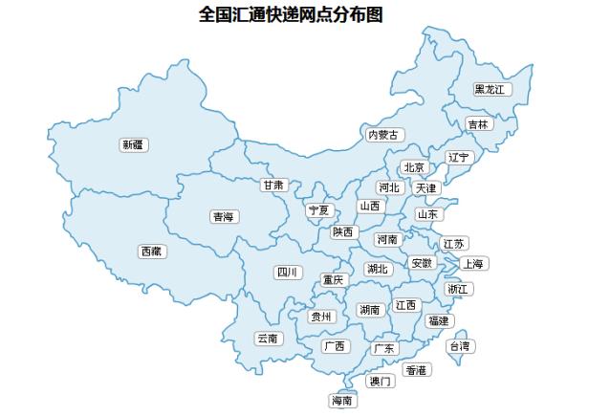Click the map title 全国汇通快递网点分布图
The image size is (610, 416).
click(304, 15)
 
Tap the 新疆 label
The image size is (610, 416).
click(133, 144)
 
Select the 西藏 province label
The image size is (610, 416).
click(151, 251)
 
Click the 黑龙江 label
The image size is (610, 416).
click(492, 89)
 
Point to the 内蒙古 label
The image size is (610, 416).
click(384, 135)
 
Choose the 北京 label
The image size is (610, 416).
click(413, 167)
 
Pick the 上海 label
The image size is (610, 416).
click(472, 263)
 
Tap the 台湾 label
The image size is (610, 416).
click(460, 345)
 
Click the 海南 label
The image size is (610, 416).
click(342, 401)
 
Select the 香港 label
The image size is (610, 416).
click(417, 369)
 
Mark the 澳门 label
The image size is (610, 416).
click(380, 381)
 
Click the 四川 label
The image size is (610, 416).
click(287, 273)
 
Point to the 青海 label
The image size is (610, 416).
click(224, 217)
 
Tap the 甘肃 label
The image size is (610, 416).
click(273, 185)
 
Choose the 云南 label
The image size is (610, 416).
click(268, 338)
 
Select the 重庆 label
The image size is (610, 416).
click(333, 280)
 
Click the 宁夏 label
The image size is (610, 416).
click(317, 209)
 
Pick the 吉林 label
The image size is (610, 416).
click(477, 124)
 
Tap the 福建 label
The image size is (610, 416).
click(438, 320)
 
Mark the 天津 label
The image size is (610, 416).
click(425, 188)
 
